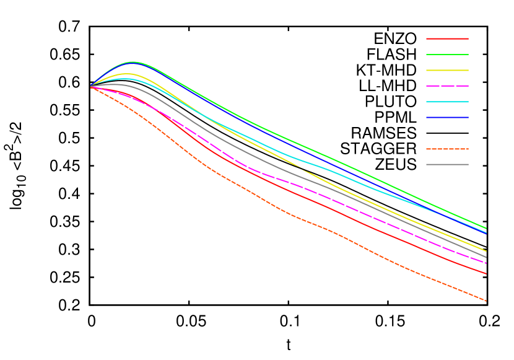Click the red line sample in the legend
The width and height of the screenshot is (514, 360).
click(x=447, y=38)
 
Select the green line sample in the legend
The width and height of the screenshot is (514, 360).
click(x=447, y=55)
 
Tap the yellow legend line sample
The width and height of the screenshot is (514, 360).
click(x=447, y=70)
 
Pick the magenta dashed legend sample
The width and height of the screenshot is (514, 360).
click(x=447, y=86)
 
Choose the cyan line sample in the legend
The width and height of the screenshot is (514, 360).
click(x=447, y=102)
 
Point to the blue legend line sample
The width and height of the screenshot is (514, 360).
click(x=447, y=117)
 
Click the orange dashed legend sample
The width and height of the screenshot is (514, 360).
click(x=447, y=149)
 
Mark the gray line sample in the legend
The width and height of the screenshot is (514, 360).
click(x=447, y=164)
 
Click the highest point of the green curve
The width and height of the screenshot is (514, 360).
click(x=133, y=62)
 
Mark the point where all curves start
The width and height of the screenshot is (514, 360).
click(x=91, y=86)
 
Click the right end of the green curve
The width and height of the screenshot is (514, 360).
click(x=486, y=228)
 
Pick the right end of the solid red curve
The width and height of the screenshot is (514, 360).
click(x=486, y=273)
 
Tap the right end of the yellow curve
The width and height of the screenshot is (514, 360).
click(x=486, y=251)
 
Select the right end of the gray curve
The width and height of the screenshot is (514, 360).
click(x=486, y=257)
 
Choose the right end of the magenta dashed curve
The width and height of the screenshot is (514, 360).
click(x=486, y=263)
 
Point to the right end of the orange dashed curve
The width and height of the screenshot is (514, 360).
click(x=486, y=301)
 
